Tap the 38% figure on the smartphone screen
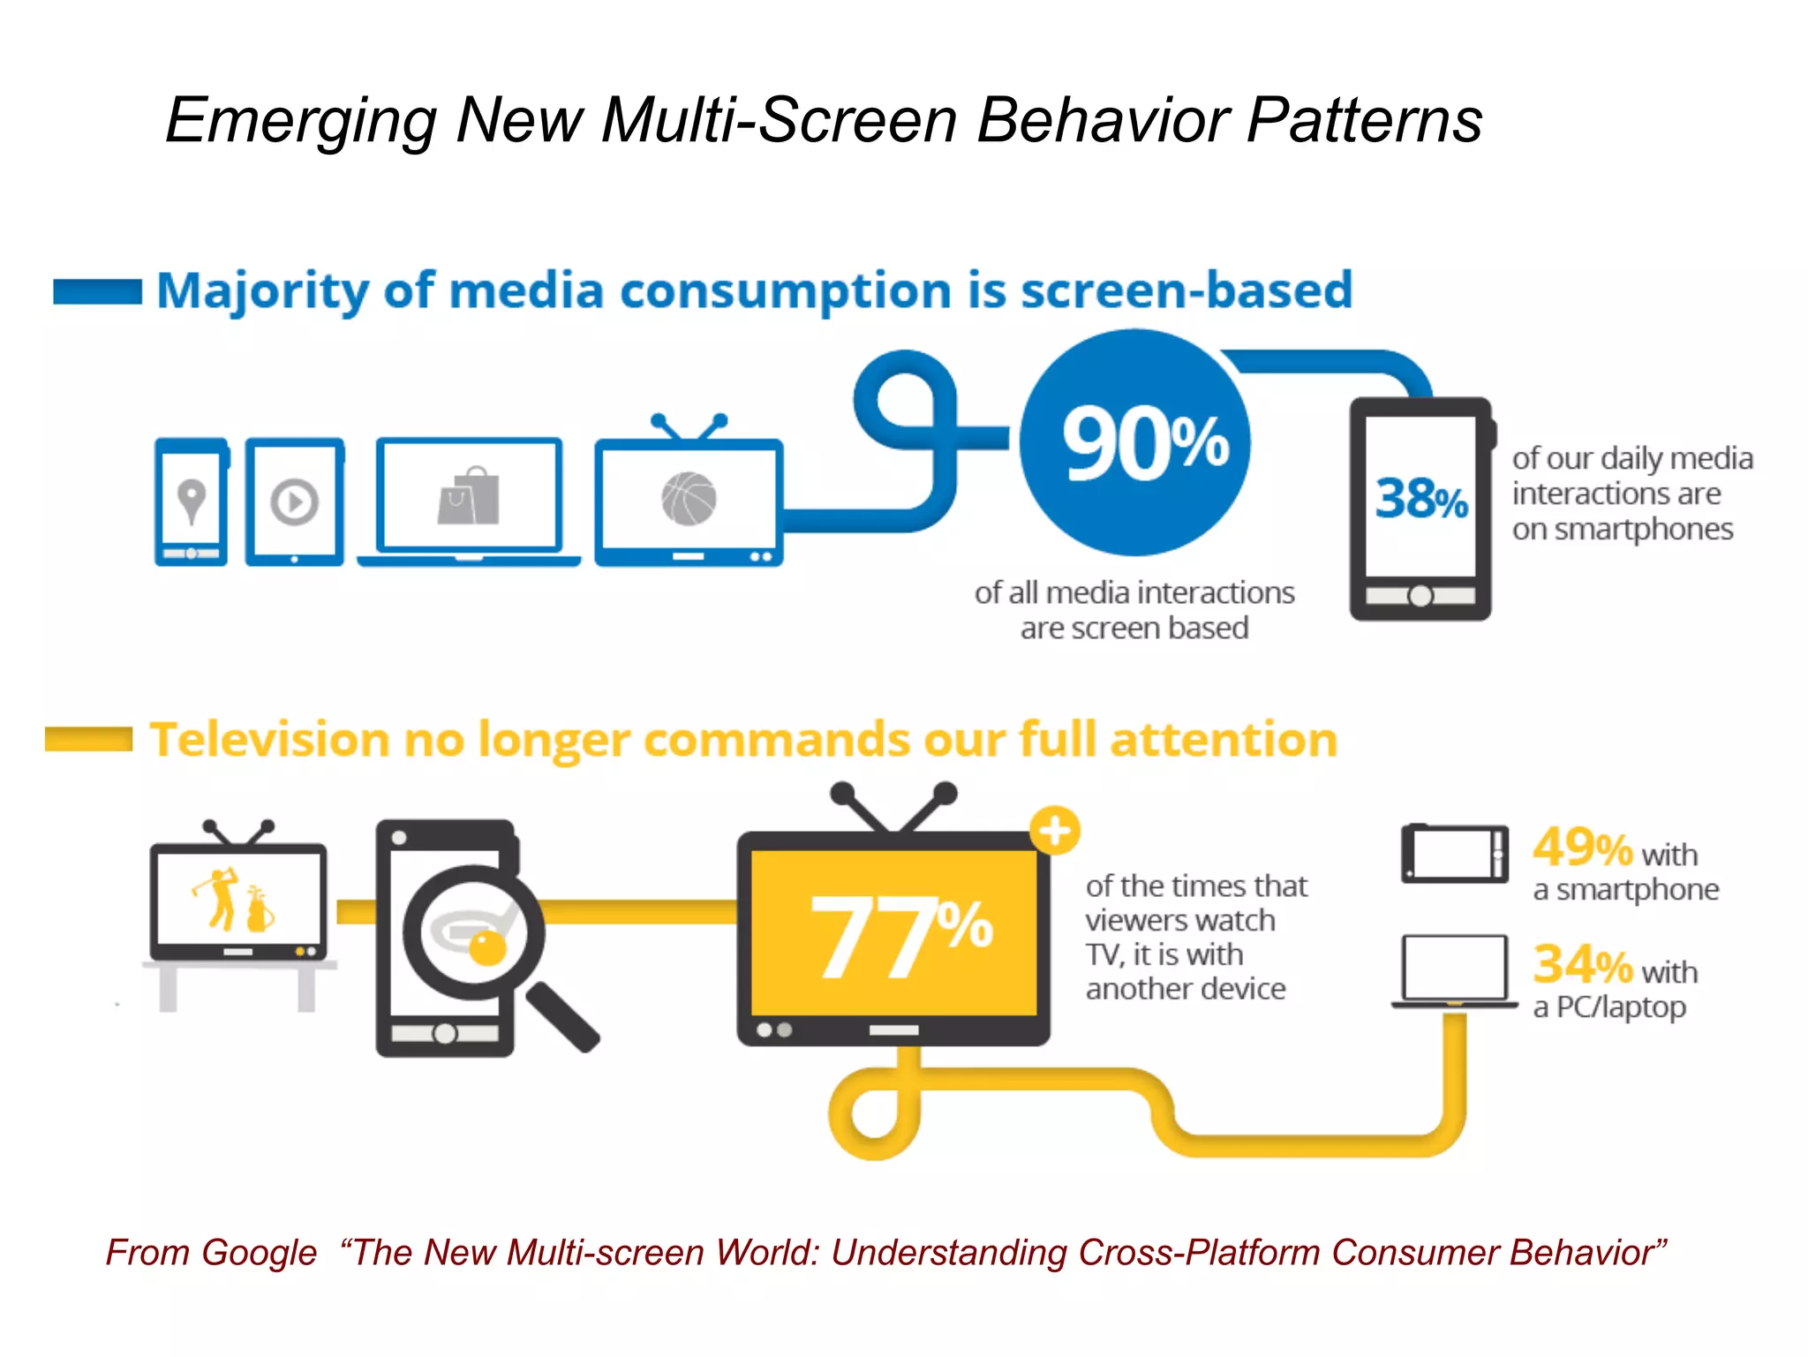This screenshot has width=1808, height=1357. pyautogui.click(x=1420, y=498)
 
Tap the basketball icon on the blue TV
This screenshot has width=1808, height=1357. pyautogui.click(x=689, y=499)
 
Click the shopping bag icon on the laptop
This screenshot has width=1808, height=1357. pyautogui.click(x=469, y=497)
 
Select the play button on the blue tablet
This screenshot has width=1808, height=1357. pyautogui.click(x=294, y=502)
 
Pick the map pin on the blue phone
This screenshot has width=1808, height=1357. pyautogui.click(x=192, y=500)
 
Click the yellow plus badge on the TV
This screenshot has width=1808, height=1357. pyautogui.click(x=1055, y=830)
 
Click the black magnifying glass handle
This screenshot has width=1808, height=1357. pyautogui.click(x=563, y=1016)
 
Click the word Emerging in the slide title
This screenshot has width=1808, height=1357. pyautogui.click(x=300, y=121)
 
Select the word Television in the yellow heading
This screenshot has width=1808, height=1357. pyautogui.click(x=269, y=740)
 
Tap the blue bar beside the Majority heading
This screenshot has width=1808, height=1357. pyautogui.click(x=97, y=291)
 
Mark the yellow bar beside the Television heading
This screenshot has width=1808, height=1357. pyautogui.click(x=88, y=739)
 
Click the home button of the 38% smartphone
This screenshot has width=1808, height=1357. pyautogui.click(x=1420, y=596)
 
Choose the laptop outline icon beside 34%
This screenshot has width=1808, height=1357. pyautogui.click(x=1455, y=969)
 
